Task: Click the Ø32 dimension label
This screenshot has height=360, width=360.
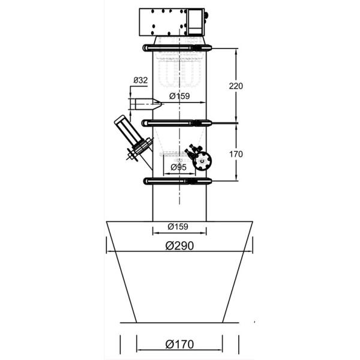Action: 140,80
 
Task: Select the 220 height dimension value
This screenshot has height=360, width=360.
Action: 236,86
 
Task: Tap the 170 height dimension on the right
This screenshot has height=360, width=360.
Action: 236,154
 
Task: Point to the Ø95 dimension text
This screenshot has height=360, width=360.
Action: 179,167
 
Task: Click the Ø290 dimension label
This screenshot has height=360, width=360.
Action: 179,245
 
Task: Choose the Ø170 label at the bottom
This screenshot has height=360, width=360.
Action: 179,344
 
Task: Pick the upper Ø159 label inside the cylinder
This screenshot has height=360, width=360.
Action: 179,96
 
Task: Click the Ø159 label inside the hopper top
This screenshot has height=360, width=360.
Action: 178,227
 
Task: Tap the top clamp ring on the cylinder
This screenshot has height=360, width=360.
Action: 177,48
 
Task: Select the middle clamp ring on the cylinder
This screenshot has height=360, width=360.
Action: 176,123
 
